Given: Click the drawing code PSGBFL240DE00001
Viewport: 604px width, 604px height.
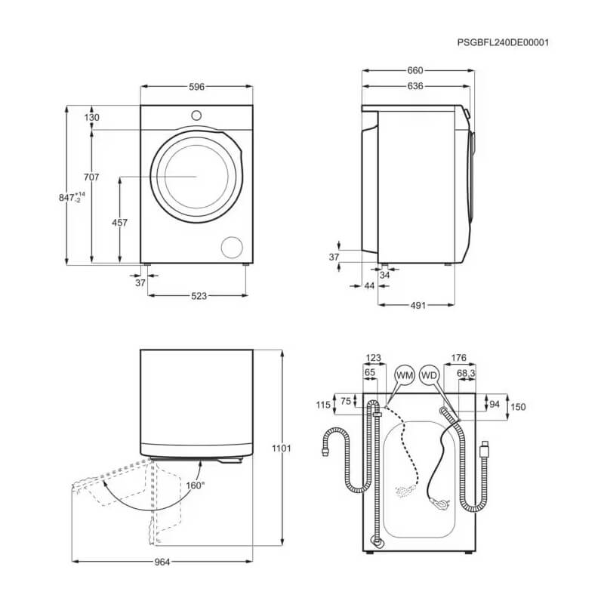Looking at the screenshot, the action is click(x=503, y=42).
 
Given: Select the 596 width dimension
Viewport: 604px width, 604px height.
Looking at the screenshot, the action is click(x=196, y=87).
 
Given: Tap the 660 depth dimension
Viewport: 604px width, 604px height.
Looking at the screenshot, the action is click(x=414, y=70).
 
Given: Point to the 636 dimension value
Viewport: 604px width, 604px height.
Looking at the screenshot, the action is click(x=414, y=86).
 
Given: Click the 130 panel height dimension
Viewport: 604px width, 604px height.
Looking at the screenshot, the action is click(x=91, y=118).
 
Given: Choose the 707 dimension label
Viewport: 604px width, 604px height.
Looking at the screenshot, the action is click(x=91, y=177).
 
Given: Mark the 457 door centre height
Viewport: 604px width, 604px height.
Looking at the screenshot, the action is click(x=119, y=223).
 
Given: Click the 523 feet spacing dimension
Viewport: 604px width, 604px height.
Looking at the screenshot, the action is click(x=199, y=296).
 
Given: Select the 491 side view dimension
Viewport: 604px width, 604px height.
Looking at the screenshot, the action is click(x=418, y=306).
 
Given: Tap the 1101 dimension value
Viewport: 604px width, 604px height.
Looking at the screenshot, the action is click(x=281, y=448).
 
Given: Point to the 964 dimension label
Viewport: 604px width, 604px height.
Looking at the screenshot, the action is click(x=162, y=562).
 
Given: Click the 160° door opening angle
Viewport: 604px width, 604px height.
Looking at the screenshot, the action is click(x=195, y=485).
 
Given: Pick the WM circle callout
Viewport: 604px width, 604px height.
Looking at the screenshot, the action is click(x=405, y=375).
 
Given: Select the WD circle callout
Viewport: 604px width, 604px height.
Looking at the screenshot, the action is click(x=429, y=375).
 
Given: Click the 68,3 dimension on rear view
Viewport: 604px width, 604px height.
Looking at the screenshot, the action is click(x=466, y=373).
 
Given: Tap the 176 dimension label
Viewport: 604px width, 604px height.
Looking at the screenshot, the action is click(x=459, y=358).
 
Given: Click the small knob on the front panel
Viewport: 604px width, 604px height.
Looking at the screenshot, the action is click(x=196, y=116).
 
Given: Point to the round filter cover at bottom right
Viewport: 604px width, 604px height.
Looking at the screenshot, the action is click(x=232, y=248).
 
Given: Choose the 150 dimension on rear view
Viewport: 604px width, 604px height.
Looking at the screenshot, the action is click(x=518, y=407).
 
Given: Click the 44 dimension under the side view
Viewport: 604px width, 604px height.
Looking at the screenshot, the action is click(x=369, y=286).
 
